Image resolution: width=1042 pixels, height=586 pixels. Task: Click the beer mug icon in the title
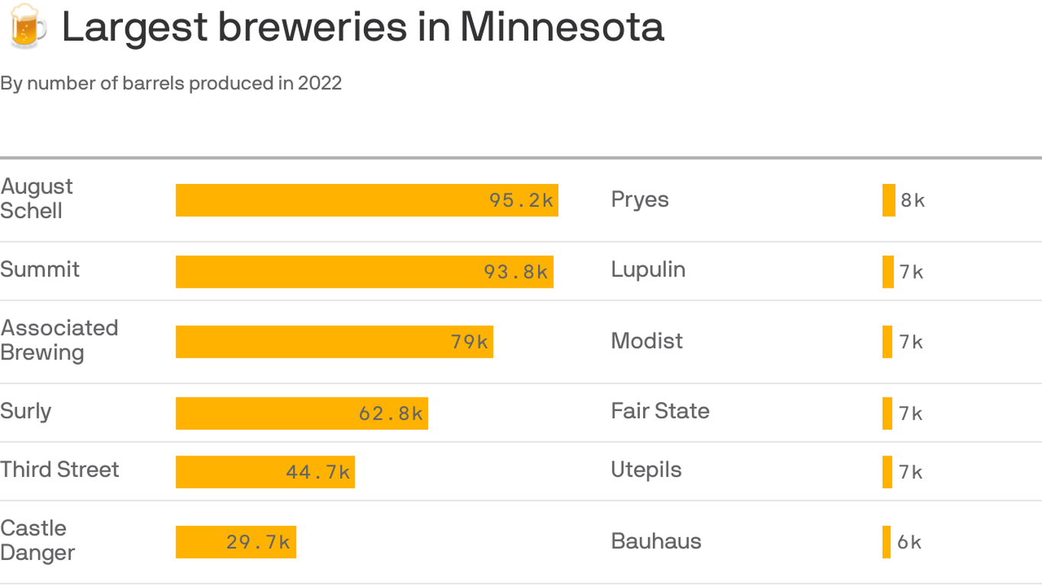26,27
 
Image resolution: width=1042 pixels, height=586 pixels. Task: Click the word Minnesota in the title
561,27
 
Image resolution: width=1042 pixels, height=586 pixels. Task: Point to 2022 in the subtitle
320,83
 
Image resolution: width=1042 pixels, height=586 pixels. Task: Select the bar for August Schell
366,200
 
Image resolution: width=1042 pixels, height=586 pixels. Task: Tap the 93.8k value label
516,272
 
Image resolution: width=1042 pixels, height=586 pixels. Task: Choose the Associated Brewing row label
59,340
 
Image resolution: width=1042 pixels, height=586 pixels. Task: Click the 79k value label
469,342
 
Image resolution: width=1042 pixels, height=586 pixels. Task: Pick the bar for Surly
301,413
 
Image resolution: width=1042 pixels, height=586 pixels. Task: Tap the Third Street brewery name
59,469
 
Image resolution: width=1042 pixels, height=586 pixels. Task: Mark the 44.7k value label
318,472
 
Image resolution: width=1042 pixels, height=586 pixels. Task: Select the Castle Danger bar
236,542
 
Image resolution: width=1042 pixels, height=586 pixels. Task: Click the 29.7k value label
258,543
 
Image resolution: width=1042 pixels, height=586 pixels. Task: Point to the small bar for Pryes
889,200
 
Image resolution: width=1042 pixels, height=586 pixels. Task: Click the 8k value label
912,201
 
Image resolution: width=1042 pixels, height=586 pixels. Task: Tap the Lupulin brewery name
648,269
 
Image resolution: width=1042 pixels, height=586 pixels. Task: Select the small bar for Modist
887,342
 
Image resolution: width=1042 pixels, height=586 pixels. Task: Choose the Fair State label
660,411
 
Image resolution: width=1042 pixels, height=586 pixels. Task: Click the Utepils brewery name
646,470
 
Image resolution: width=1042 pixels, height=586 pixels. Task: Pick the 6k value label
909,543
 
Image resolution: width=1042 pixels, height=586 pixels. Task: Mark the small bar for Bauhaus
886,542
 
